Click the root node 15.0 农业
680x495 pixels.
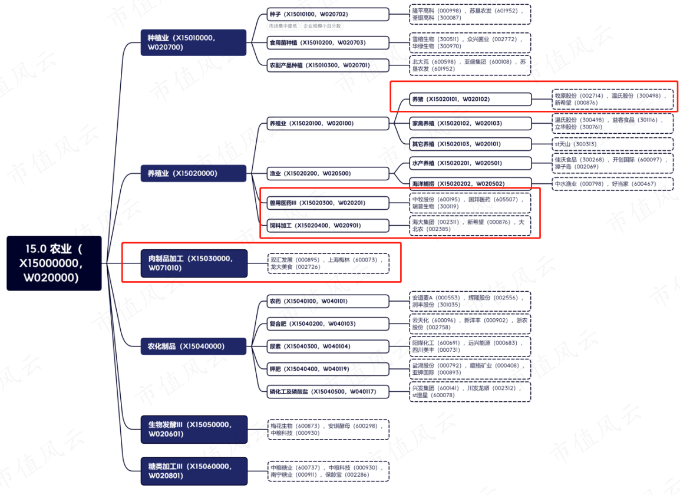tap(54, 263)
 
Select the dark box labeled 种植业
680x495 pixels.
tap(193, 42)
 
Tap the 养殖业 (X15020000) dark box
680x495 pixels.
tap(193, 173)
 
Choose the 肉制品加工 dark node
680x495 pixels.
tap(194, 263)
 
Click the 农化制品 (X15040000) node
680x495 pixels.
tap(193, 346)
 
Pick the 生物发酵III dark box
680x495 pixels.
tap(194, 430)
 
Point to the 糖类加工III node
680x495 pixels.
tap(194, 471)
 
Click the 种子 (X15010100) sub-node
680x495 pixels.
tap(328, 14)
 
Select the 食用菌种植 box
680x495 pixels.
tap(328, 42)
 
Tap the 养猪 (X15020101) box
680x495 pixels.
tap(471, 99)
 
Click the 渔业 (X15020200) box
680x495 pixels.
tap(328, 173)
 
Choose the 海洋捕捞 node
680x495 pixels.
tap(471, 183)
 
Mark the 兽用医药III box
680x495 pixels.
tap(328, 203)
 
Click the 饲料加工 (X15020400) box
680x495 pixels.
tap(328, 225)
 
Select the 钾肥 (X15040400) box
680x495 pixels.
tap(328, 369)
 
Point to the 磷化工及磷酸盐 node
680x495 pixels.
tap(328, 391)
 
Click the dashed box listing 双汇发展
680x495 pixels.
tap(328, 263)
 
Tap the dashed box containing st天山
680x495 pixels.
tap(612, 144)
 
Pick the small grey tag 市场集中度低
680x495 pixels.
tap(283, 26)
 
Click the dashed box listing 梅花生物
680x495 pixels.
tap(328, 430)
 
